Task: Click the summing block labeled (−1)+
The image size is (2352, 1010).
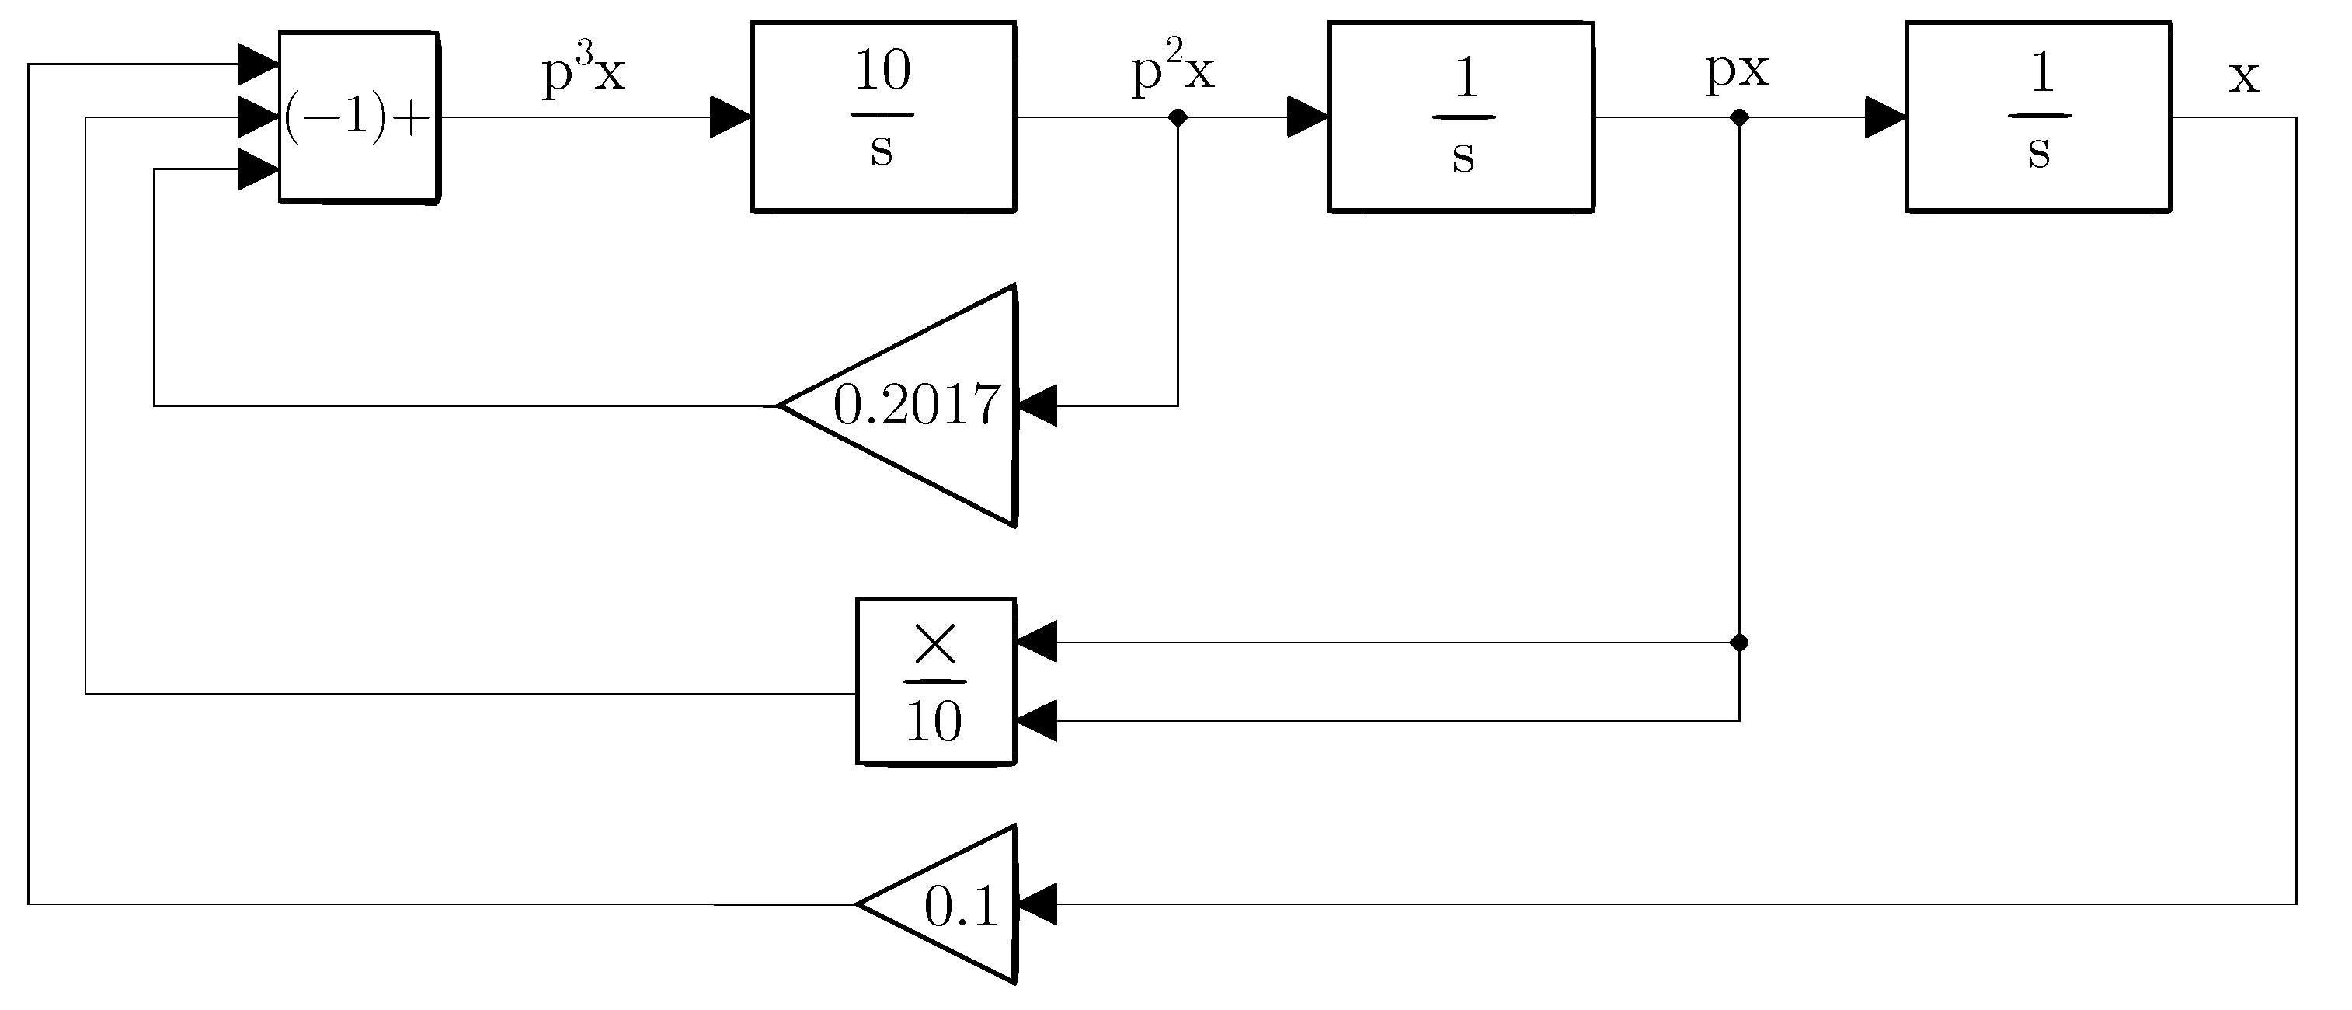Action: coord(358,117)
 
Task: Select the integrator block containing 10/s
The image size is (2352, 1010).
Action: coord(883,117)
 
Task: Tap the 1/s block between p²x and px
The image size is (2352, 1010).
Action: coord(1461,117)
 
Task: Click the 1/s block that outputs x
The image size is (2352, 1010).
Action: coord(2038,117)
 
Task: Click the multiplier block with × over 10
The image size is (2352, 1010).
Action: coord(935,681)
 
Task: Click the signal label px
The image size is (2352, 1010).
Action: coord(1737,69)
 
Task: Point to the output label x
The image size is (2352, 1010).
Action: coord(2243,77)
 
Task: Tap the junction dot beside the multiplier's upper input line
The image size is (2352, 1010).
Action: coord(1739,643)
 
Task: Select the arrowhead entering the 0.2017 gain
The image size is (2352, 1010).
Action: coord(1036,406)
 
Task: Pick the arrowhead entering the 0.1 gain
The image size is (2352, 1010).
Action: coord(1036,904)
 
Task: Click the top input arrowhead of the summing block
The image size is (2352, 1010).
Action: coord(259,64)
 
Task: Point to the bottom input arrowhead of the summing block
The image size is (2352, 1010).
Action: coord(259,169)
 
